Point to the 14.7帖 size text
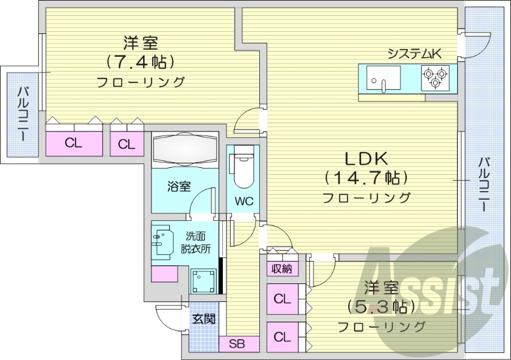366,176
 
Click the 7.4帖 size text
141,63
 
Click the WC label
243,201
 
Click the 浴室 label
179,186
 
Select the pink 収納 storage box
282,268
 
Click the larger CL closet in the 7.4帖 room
73,143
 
